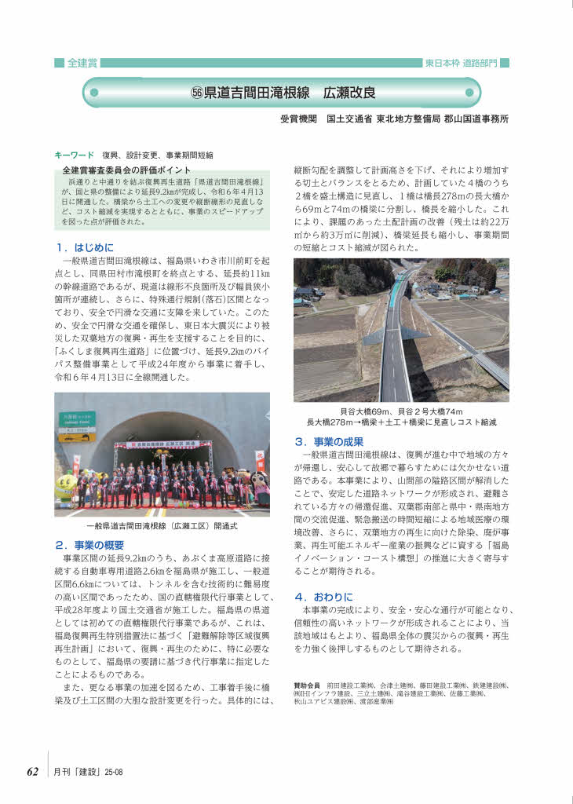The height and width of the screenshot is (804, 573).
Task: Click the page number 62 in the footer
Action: point(32,772)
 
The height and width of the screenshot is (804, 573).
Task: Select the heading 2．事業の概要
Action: point(89,544)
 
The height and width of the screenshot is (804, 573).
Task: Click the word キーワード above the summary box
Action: point(74,155)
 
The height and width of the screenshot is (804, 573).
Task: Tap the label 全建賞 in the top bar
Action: point(82,63)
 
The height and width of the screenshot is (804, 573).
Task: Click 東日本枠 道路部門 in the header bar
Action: point(461,63)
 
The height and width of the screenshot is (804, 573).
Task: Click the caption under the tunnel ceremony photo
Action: point(162,527)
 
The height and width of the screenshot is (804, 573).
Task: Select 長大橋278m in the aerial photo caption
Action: point(334,422)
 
